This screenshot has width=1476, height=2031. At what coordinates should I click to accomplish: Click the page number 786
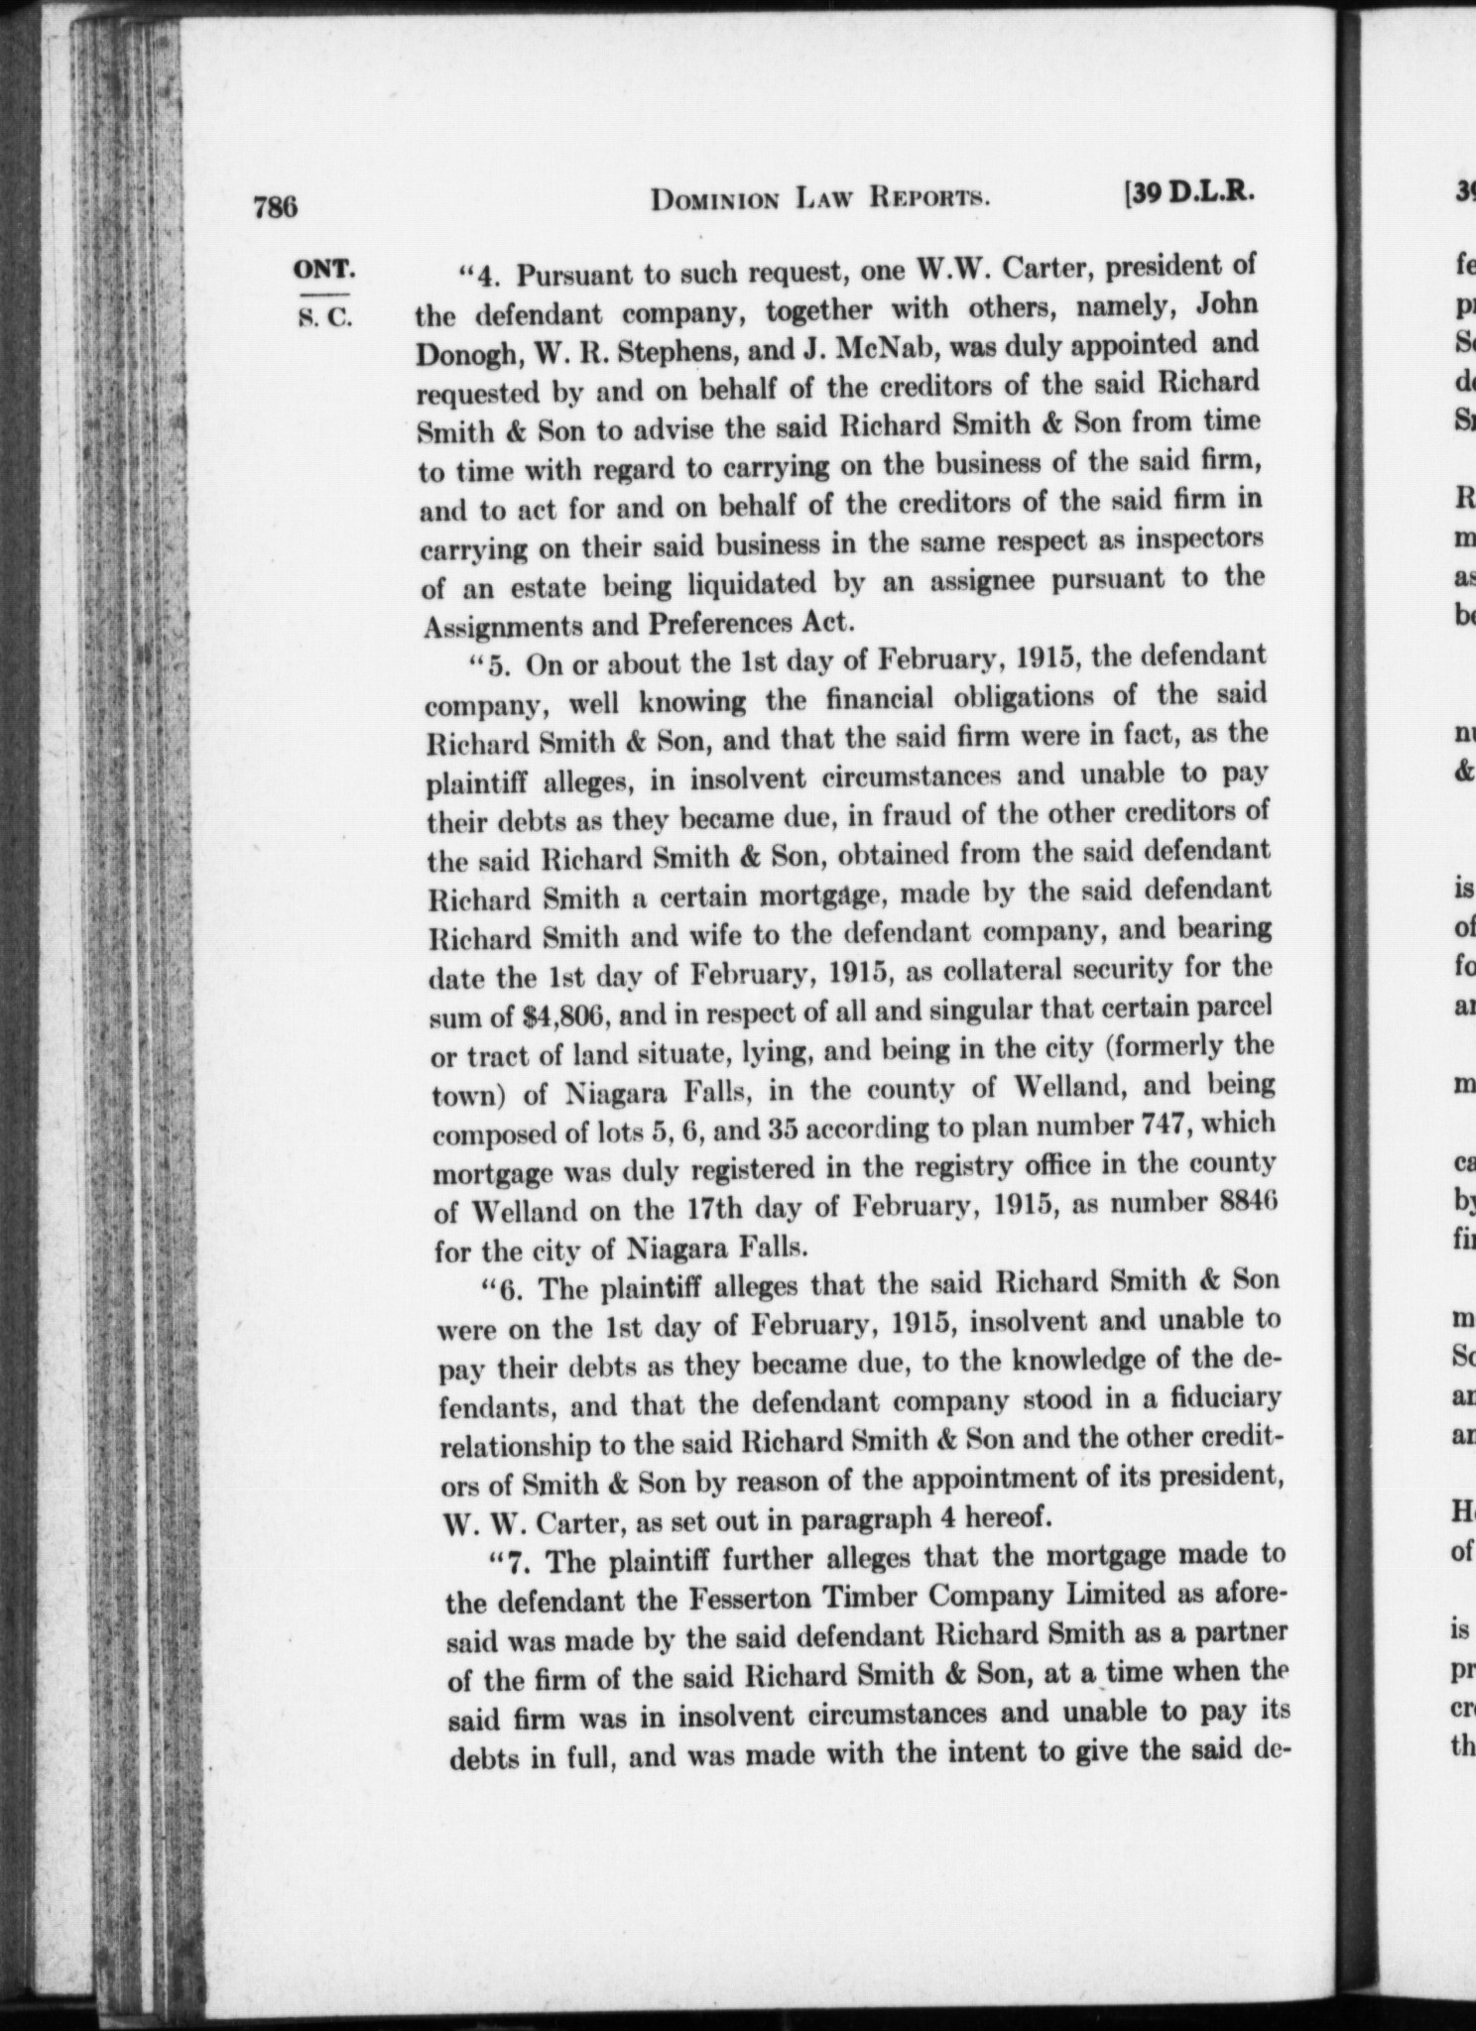click(x=275, y=208)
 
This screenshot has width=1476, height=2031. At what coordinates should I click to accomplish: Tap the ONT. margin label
click(x=323, y=270)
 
